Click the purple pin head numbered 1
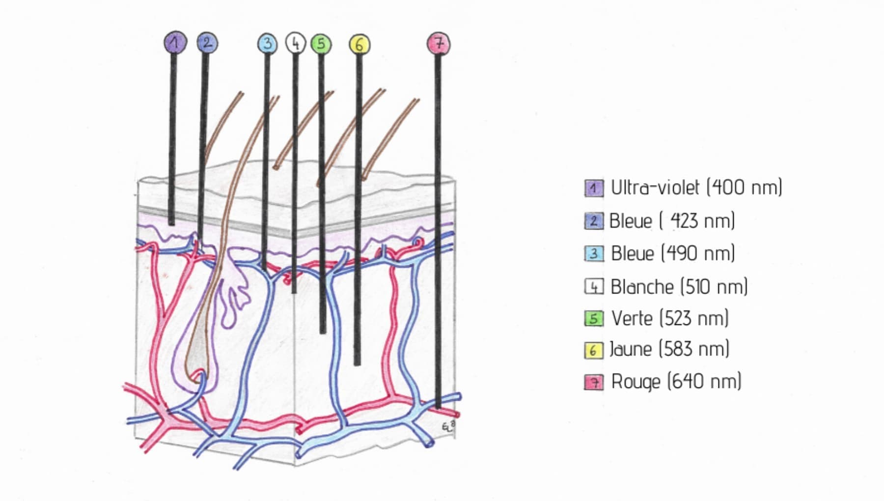(x=175, y=42)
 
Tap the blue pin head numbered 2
(x=207, y=42)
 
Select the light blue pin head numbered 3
(x=267, y=43)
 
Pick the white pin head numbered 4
(x=295, y=43)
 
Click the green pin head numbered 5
(x=321, y=44)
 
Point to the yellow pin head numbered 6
(x=359, y=45)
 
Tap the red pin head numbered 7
(x=439, y=43)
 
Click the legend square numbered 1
(x=594, y=188)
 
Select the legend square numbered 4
(x=594, y=286)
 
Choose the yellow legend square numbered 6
(x=594, y=350)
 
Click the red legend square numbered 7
(x=594, y=382)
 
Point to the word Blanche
(x=642, y=287)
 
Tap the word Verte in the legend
(x=632, y=318)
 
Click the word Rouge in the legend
(x=635, y=382)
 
